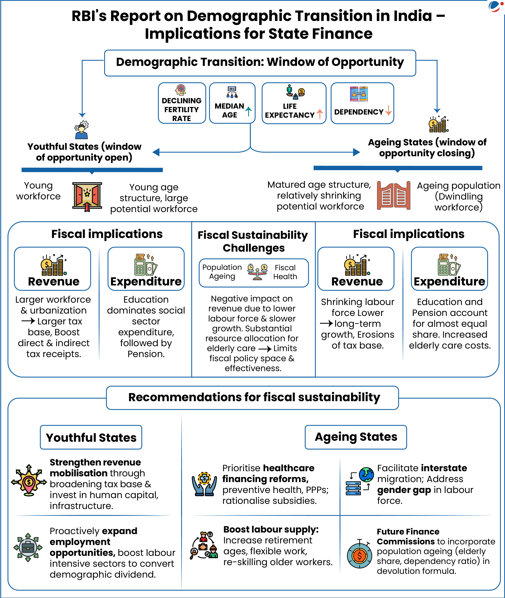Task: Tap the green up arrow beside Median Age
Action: click(249, 111)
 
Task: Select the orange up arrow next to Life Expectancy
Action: click(320, 114)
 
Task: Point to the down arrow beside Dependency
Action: click(389, 110)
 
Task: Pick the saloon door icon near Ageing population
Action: click(394, 196)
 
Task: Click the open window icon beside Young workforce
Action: click(87, 196)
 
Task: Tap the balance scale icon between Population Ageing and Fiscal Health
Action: click(257, 271)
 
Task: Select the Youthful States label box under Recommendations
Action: click(91, 437)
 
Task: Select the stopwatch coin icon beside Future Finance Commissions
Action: click(360, 555)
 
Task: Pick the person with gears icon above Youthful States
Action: click(81, 130)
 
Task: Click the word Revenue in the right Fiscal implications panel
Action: click(357, 281)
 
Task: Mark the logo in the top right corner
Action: click(495, 6)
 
